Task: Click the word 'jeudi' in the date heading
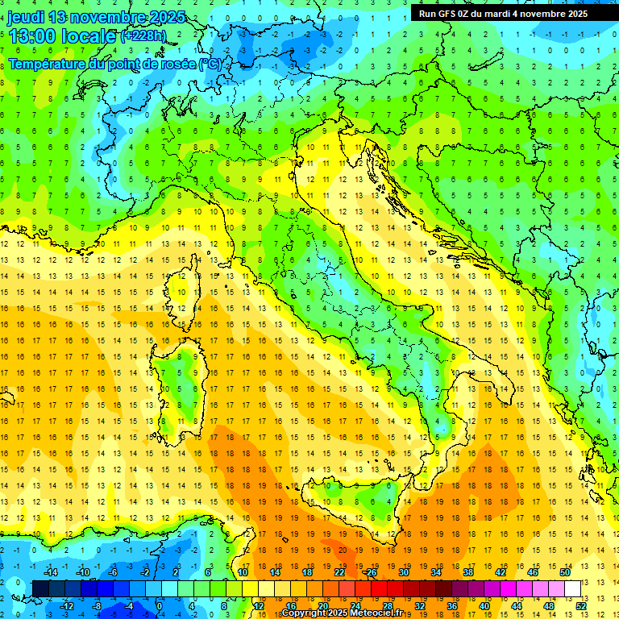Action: point(26,17)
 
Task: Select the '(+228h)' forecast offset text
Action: point(144,36)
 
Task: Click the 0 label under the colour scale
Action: point(159,605)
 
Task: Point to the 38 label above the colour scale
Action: point(467,572)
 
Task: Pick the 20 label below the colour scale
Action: point(322,605)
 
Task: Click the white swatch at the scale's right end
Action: point(573,588)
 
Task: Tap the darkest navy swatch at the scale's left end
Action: point(40,588)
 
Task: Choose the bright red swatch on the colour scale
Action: point(379,588)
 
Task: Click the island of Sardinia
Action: point(186,379)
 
